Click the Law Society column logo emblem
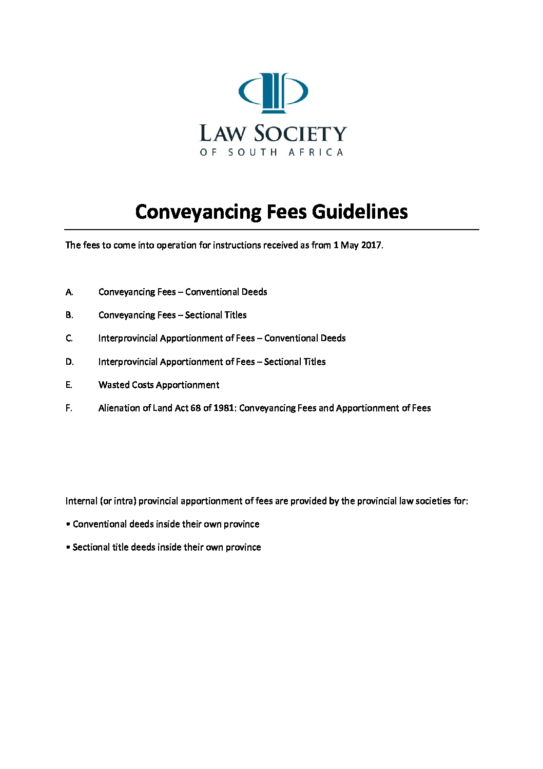click(273, 92)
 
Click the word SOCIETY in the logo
click(301, 134)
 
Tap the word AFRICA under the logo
click(316, 153)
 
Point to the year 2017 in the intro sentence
click(371, 245)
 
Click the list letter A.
click(69, 292)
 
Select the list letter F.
click(68, 408)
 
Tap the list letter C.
click(69, 339)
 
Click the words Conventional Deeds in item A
click(226, 292)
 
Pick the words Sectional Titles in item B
click(216, 315)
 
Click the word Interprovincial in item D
click(128, 362)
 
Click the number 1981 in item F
click(224, 408)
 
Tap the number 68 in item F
click(196, 408)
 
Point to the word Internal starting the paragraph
click(81, 501)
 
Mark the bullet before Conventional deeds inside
click(68, 524)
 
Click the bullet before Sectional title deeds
click(68, 548)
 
